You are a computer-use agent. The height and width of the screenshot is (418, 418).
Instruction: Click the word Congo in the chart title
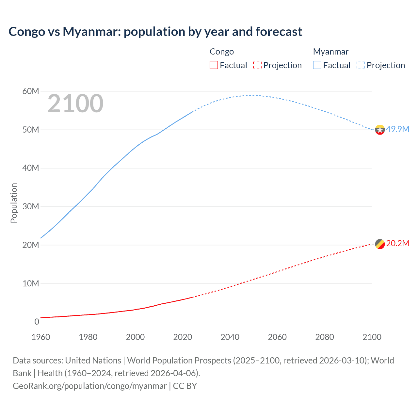[27, 32]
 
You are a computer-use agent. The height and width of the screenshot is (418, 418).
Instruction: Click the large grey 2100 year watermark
[75, 104]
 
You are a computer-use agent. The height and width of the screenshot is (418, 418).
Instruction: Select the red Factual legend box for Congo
[214, 65]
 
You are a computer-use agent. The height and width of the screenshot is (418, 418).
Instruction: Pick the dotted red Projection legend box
[257, 65]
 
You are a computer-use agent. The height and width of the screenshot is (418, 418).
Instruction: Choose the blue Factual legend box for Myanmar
[317, 65]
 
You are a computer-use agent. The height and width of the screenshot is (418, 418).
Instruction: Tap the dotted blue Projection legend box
[361, 65]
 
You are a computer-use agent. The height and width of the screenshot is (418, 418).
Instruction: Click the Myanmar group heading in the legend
[330, 52]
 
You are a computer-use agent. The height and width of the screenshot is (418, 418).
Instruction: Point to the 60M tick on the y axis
[31, 91]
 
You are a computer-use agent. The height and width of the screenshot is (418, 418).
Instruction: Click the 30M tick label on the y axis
[31, 206]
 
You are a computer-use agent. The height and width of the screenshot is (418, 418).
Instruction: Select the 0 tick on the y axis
[37, 322]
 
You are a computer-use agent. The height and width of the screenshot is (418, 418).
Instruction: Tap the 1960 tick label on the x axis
[41, 337]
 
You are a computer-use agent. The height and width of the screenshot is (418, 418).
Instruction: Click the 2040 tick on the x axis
[230, 337]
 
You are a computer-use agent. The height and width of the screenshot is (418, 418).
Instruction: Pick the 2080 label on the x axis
[325, 337]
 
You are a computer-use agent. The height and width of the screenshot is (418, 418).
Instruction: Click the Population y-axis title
[14, 203]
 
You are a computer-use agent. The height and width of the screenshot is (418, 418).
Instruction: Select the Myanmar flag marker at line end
[380, 130]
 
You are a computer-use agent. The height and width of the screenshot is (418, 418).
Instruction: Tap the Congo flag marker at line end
[380, 244]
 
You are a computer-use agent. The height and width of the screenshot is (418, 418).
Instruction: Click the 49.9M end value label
[397, 129]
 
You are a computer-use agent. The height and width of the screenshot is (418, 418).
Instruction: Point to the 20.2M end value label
[397, 243]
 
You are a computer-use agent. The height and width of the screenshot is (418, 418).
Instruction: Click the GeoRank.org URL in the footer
[90, 386]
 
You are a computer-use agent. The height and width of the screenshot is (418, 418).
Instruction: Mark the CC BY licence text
[185, 386]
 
